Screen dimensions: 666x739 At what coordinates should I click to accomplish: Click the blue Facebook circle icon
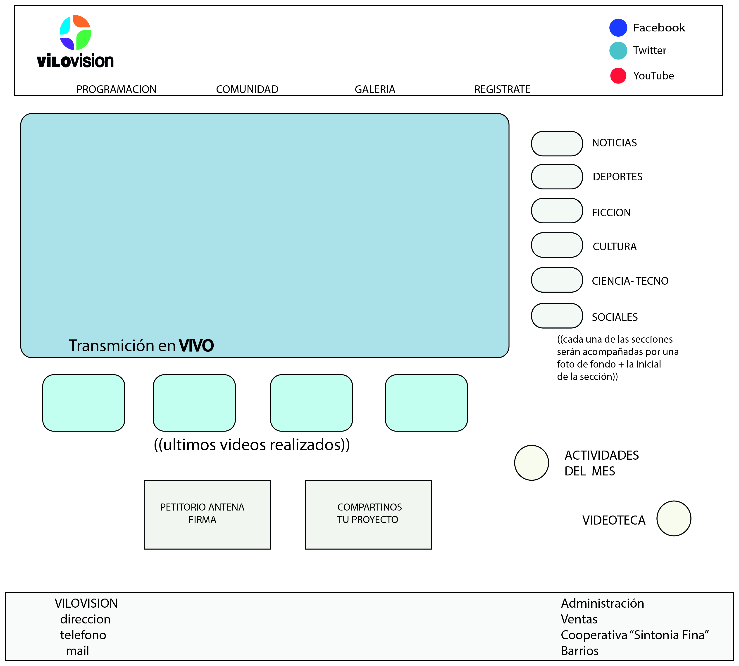[618, 28]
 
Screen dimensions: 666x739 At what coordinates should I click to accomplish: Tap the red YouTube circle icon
[618, 76]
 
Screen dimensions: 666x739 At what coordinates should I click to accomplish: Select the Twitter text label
[649, 50]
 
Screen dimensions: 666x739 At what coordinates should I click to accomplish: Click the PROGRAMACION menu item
[116, 89]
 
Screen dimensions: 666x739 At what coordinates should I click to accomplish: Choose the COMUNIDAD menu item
[247, 89]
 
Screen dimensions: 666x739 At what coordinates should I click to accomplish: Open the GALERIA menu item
[375, 89]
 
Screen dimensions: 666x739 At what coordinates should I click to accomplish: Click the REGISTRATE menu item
[502, 89]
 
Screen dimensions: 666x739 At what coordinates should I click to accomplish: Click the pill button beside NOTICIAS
[557, 144]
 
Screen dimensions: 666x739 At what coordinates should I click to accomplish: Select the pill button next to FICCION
[557, 211]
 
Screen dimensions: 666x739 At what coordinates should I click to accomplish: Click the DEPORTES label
[617, 177]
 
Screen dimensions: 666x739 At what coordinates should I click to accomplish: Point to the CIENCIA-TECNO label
[630, 281]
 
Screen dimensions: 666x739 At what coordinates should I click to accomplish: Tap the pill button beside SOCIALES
[557, 316]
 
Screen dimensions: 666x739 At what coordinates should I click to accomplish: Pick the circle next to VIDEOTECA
[674, 518]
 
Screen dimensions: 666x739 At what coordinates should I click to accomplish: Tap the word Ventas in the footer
[579, 619]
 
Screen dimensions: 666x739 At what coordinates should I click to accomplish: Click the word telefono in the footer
[83, 635]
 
